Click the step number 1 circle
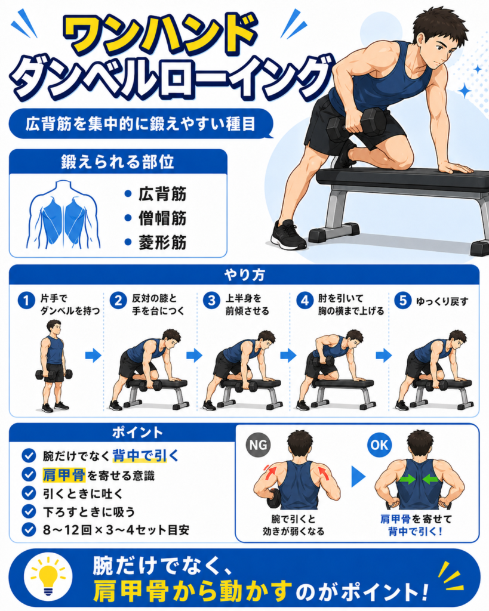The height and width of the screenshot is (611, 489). (x=26, y=301)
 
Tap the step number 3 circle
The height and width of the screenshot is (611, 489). (x=212, y=301)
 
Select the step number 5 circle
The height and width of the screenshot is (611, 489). (x=403, y=301)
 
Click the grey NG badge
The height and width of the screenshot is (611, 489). (x=258, y=445)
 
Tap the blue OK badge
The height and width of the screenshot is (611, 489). (x=379, y=445)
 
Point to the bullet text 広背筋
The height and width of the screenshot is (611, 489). (x=162, y=194)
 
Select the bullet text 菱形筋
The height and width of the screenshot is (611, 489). (x=162, y=242)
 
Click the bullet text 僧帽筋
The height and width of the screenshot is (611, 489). (x=162, y=218)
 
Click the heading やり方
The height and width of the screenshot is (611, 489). (x=245, y=275)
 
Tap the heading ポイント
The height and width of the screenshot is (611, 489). (x=138, y=433)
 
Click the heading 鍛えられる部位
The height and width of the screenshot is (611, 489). (x=118, y=162)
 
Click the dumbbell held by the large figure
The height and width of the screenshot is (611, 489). (x=356, y=125)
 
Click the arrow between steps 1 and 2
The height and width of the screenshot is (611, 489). (x=93, y=355)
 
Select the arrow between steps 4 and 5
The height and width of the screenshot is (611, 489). (x=384, y=355)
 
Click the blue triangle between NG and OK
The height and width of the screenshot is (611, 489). (x=358, y=476)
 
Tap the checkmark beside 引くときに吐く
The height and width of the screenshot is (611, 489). (x=29, y=493)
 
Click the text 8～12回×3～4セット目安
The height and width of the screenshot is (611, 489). (x=116, y=530)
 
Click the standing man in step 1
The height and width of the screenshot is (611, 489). (x=53, y=366)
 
